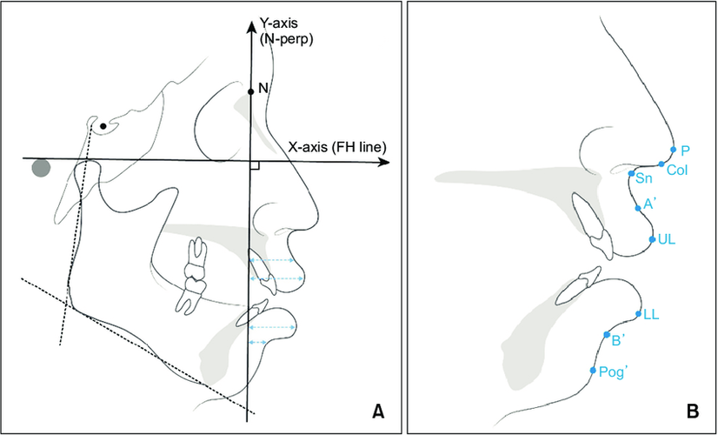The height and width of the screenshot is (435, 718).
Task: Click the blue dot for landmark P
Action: (x=673, y=149)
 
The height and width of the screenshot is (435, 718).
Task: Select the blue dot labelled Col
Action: (x=661, y=164)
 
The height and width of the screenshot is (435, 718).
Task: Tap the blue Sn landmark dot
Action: (x=631, y=173)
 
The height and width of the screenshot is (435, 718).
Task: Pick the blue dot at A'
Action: (x=638, y=208)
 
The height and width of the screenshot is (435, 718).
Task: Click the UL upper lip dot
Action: (x=652, y=239)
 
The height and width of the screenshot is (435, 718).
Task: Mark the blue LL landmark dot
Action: (x=638, y=314)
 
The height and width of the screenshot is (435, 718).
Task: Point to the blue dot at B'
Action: (x=607, y=335)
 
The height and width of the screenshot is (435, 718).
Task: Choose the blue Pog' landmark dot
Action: (x=593, y=370)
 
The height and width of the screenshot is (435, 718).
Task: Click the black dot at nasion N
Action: (x=250, y=92)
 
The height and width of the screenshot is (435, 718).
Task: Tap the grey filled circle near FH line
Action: (x=41, y=168)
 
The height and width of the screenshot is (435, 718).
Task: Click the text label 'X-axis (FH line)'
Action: (x=337, y=147)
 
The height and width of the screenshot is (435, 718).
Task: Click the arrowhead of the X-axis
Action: (x=383, y=163)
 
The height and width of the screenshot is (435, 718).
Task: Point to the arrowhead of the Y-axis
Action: (x=250, y=26)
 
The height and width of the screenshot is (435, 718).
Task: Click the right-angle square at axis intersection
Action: (x=255, y=166)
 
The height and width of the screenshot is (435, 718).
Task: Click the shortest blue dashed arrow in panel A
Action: (x=258, y=343)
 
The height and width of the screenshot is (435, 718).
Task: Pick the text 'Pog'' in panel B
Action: (x=613, y=371)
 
